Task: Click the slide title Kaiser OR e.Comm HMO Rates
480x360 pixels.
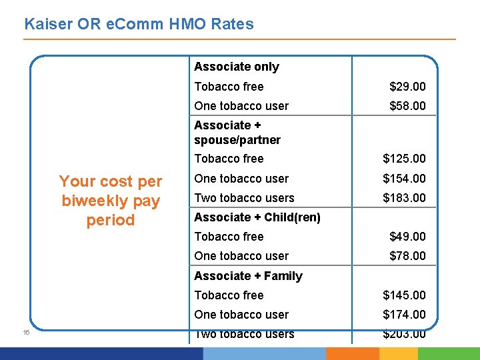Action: pyautogui.click(x=139, y=25)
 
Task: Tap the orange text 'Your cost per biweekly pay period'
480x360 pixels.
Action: pyautogui.click(x=111, y=201)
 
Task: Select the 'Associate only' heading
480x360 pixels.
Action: pyautogui.click(x=236, y=67)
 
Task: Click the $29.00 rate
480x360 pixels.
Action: pyautogui.click(x=407, y=87)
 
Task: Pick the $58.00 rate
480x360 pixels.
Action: pyautogui.click(x=407, y=106)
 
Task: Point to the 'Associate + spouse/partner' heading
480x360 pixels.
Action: pyautogui.click(x=237, y=133)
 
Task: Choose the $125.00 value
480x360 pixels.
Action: pyautogui.click(x=404, y=159)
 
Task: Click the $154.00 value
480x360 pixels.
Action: pyautogui.click(x=404, y=179)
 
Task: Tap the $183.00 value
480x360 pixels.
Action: pyautogui.click(x=404, y=198)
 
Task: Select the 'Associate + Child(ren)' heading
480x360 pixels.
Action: pyautogui.click(x=257, y=217)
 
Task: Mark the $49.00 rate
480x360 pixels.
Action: pyautogui.click(x=407, y=237)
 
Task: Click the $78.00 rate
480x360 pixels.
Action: pyautogui.click(x=407, y=256)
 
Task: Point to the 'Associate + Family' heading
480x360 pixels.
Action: pyautogui.click(x=248, y=276)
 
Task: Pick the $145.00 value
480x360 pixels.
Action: pyautogui.click(x=404, y=295)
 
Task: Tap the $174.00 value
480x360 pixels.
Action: pyautogui.click(x=404, y=315)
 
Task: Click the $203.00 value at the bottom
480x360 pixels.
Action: pyautogui.click(x=404, y=334)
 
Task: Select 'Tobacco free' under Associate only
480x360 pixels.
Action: pyautogui.click(x=229, y=87)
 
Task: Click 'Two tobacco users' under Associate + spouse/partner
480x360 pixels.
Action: pyautogui.click(x=244, y=198)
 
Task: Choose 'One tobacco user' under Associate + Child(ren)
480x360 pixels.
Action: pyautogui.click(x=241, y=256)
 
